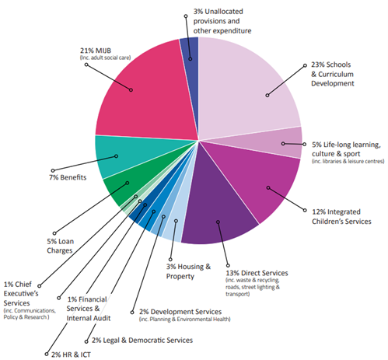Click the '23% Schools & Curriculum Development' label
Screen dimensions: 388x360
(x=333, y=74)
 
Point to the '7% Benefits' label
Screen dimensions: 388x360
(x=68, y=177)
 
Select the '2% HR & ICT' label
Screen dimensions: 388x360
(x=71, y=355)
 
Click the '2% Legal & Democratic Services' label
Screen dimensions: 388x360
(x=142, y=340)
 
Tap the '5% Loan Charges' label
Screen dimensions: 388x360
(x=60, y=246)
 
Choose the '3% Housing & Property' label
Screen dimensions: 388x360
(x=188, y=271)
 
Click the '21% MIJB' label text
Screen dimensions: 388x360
(x=96, y=51)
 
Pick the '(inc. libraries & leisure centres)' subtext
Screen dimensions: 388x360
(x=348, y=161)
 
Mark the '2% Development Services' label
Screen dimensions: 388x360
(x=180, y=312)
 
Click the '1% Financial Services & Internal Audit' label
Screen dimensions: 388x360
(x=89, y=309)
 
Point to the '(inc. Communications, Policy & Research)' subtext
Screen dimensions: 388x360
(x=30, y=313)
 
